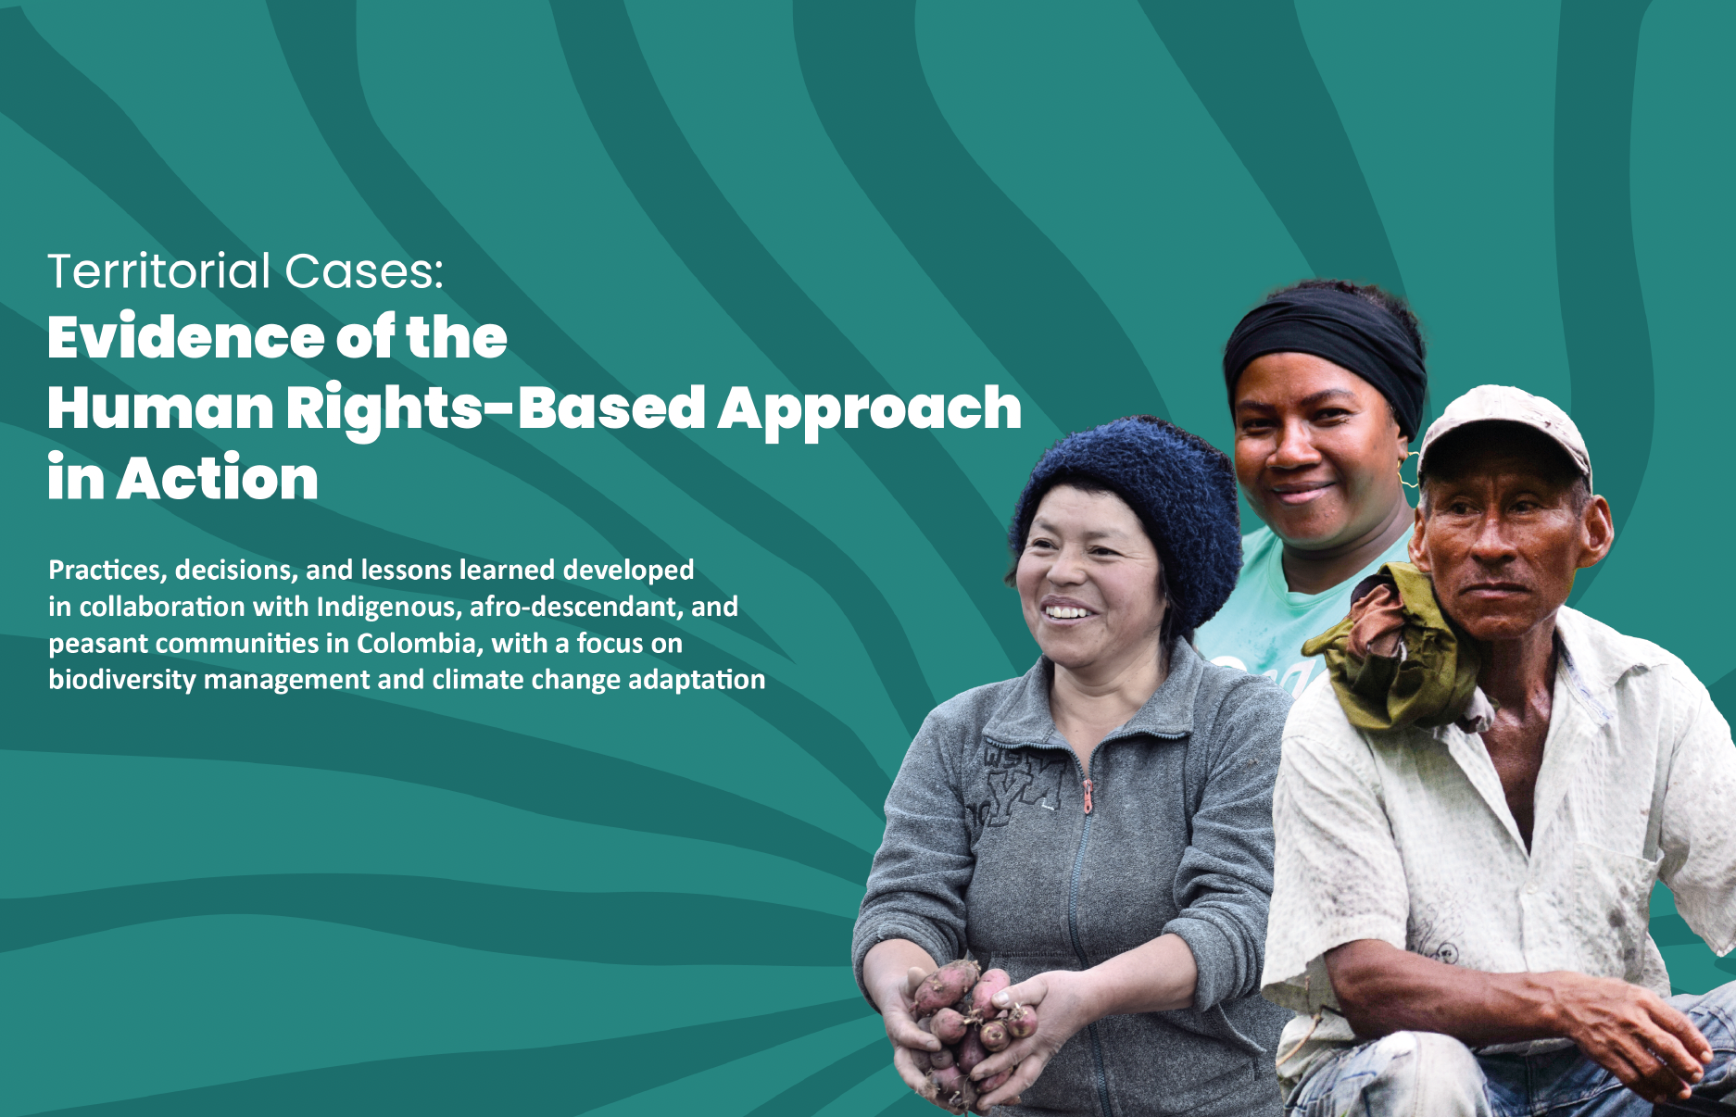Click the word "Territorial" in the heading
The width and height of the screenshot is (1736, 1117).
pos(159,271)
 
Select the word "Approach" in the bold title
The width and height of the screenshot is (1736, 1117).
pos(870,410)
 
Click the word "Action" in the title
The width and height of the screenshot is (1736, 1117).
pos(218,479)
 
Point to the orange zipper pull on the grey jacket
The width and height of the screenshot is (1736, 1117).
pos(1088,797)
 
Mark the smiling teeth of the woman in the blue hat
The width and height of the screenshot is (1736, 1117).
pos(1067,612)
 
